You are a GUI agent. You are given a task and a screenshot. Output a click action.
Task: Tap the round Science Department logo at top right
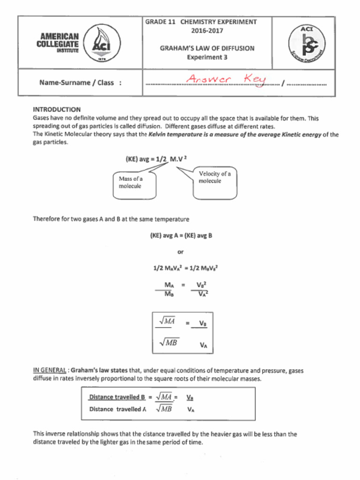point(307,43)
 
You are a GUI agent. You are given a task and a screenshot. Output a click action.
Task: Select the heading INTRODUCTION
point(57,109)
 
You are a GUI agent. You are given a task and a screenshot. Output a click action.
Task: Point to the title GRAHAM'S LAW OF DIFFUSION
point(207,48)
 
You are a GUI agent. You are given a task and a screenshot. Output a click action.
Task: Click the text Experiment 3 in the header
point(207,57)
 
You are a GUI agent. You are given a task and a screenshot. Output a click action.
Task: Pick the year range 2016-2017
point(207,31)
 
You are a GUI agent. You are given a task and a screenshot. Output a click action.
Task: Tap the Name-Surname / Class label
point(80,83)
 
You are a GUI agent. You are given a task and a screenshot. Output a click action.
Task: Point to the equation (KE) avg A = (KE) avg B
point(181,235)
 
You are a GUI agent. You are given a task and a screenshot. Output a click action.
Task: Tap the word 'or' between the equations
point(181,252)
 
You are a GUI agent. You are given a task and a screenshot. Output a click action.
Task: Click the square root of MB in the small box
point(168,343)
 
